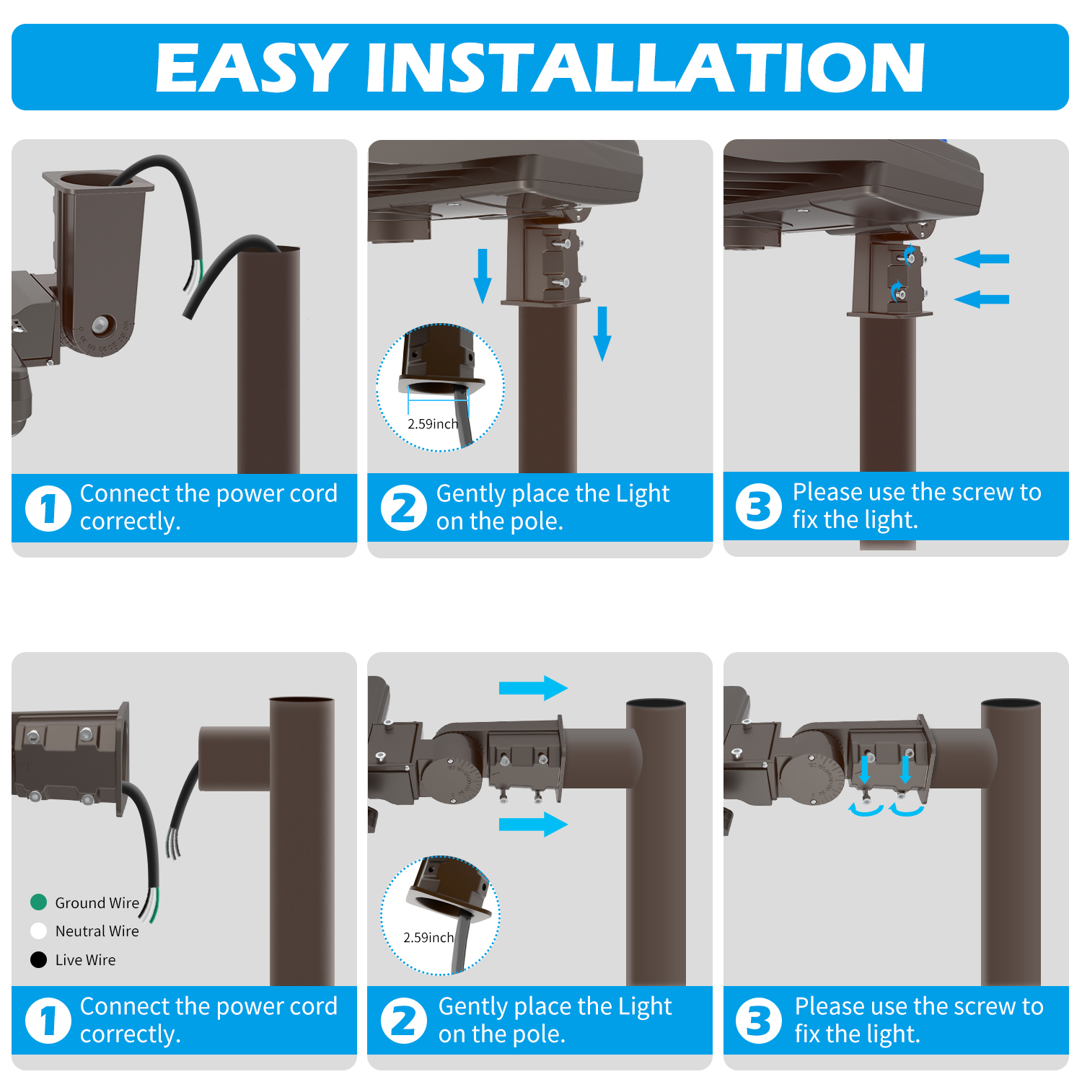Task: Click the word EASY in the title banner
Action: pos(252,68)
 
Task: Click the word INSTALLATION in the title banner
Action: pos(646,68)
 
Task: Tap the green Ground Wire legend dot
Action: pos(39,902)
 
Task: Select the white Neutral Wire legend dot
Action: pos(39,931)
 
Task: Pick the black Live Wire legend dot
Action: pos(39,959)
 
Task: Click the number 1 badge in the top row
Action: pos(48,508)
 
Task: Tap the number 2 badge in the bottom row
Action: pos(404,1021)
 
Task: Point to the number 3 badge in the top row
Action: pos(759,506)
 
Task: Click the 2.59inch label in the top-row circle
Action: pos(433,424)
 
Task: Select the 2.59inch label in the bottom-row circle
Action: pos(428,938)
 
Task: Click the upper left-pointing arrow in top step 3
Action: pos(982,258)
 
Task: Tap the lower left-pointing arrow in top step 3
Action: pos(982,299)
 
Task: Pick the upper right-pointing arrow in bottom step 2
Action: pos(533,688)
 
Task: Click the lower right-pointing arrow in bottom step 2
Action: pos(533,824)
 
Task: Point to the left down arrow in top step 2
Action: pos(483,276)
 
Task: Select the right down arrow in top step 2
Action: pos(602,334)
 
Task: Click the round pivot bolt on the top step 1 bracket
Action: pos(103,323)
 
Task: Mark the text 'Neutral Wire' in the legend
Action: pos(97,931)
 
